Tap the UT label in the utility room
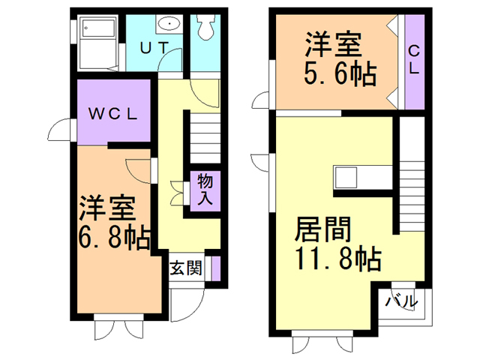coord(155,46)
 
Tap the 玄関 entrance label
coord(184,268)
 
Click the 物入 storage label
coord(204,190)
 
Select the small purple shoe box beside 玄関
coord(216,268)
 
